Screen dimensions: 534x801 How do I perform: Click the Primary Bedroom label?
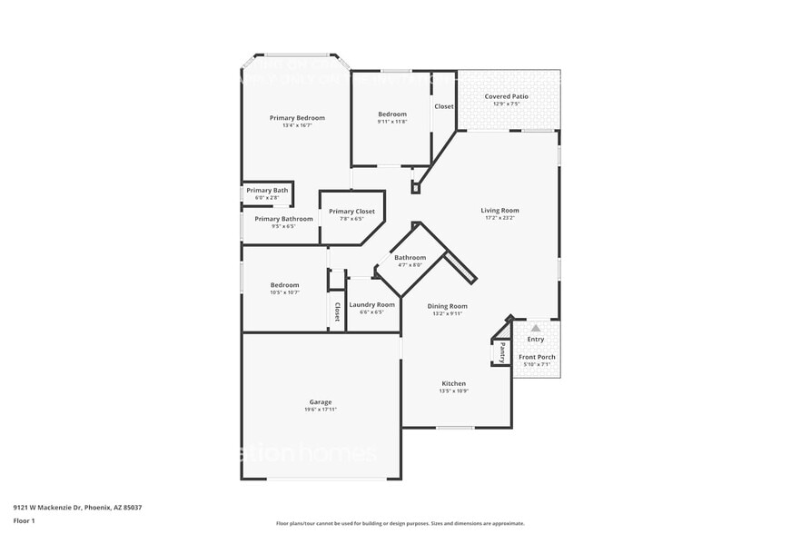click(x=297, y=118)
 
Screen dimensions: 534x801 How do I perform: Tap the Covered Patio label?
click(x=506, y=96)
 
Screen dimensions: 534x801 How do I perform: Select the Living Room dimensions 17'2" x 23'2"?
click(x=500, y=219)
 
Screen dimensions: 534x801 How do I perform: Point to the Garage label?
click(x=320, y=401)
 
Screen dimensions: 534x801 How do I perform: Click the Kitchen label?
click(x=453, y=383)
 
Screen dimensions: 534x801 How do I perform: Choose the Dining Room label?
click(x=447, y=306)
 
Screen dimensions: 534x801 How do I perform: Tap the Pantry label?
click(x=501, y=351)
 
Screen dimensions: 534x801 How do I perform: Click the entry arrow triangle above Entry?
click(x=536, y=328)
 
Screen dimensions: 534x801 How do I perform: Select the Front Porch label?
click(x=537, y=357)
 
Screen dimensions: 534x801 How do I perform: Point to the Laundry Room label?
click(x=372, y=304)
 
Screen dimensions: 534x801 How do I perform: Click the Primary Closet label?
click(x=351, y=212)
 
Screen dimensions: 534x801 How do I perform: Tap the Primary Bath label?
click(x=267, y=190)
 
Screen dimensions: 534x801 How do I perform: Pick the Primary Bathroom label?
click(x=283, y=219)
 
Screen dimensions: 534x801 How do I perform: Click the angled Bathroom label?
click(x=410, y=258)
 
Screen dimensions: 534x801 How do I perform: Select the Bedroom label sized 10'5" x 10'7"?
click(x=284, y=285)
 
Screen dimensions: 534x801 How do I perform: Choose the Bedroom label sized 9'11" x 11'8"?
click(x=392, y=114)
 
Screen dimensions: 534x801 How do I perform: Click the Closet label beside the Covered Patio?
click(x=444, y=106)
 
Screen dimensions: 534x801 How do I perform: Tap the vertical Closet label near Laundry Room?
click(x=337, y=311)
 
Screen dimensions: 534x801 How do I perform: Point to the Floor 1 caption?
click(x=24, y=520)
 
